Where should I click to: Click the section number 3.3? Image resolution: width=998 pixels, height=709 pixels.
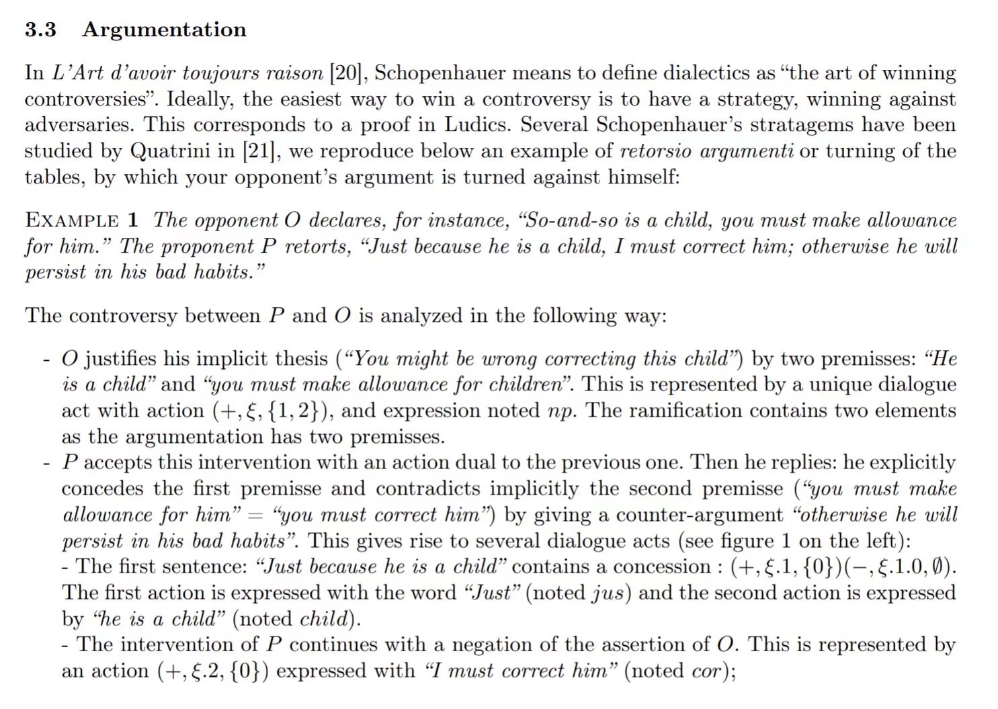pyautogui.click(x=40, y=30)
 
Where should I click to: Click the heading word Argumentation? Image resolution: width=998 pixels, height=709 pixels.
pyautogui.click(x=164, y=30)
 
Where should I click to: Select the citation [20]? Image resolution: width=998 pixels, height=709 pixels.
pyautogui.click(x=345, y=73)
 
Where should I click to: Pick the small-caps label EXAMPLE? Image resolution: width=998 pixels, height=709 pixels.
pyautogui.click(x=72, y=220)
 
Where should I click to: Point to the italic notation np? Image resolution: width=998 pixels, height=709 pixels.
pyautogui.click(x=561, y=411)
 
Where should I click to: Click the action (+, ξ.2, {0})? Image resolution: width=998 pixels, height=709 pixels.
pyautogui.click(x=213, y=671)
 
